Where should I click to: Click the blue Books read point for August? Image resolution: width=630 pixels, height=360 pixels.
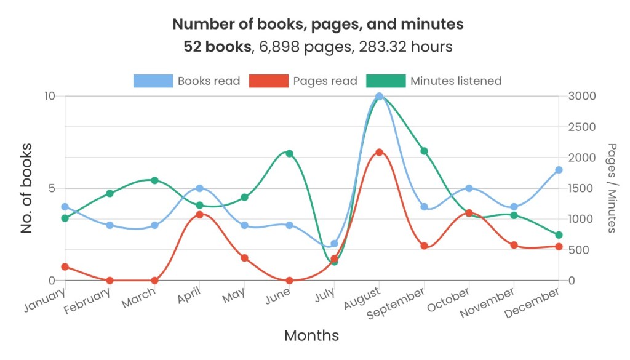tap(379, 97)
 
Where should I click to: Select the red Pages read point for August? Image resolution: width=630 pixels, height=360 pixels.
tap(379, 152)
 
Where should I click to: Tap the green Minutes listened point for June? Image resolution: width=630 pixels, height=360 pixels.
tap(289, 153)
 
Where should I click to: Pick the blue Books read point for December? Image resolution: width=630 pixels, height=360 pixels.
tap(559, 170)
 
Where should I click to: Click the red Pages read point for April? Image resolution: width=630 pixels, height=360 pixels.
tap(199, 214)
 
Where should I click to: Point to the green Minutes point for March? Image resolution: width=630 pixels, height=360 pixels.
tap(154, 180)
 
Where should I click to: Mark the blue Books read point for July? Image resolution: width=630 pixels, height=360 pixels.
tap(334, 244)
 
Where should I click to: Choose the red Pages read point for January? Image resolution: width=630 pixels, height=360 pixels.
tap(65, 266)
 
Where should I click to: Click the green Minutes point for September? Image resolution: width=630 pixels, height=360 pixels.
tap(424, 151)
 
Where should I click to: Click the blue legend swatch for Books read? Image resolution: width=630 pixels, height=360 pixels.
tap(153, 81)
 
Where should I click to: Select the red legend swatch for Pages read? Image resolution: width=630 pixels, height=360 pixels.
tap(268, 81)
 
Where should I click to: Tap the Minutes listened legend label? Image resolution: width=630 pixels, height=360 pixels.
tap(456, 81)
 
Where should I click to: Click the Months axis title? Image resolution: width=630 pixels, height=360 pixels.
tap(311, 335)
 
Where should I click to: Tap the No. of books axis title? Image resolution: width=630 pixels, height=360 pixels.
tap(26, 188)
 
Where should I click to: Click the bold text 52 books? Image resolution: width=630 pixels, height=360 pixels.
tap(217, 47)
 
